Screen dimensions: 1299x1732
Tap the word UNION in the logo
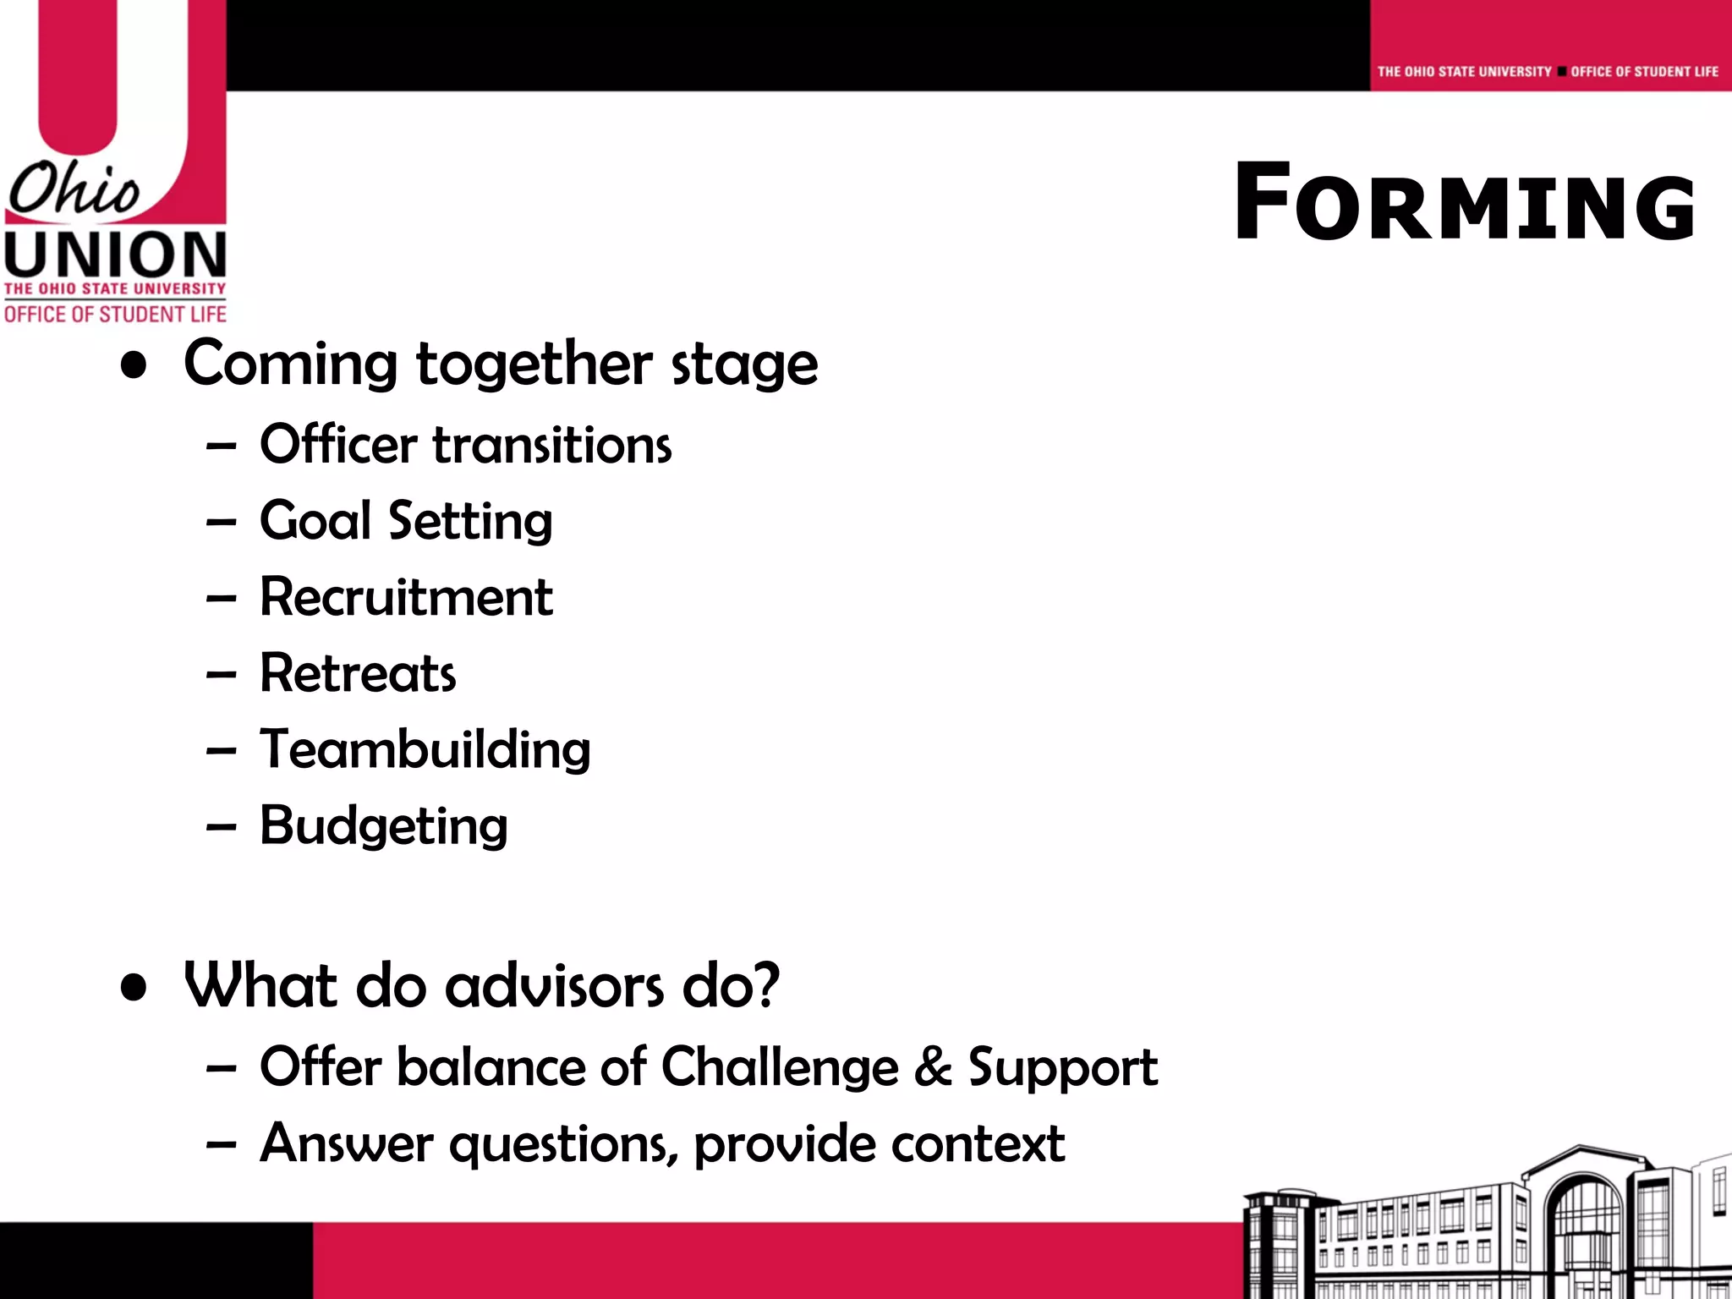(x=115, y=255)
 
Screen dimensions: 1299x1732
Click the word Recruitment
(x=406, y=597)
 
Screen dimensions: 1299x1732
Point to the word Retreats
(x=358, y=673)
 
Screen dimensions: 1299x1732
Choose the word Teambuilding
(x=425, y=749)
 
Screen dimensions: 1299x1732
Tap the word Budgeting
(x=383, y=825)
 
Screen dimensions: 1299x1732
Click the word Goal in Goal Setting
(x=315, y=520)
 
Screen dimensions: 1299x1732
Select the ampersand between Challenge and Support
(x=933, y=1066)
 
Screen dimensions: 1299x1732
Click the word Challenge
(x=779, y=1066)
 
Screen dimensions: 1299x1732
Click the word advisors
(x=554, y=986)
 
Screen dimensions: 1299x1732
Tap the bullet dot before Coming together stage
(x=134, y=365)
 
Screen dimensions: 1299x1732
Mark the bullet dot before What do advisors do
(x=134, y=987)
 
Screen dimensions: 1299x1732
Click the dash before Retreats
(x=221, y=675)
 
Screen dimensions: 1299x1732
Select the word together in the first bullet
(x=534, y=364)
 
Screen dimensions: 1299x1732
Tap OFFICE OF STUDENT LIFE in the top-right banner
(x=1644, y=72)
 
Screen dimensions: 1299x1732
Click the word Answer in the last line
(x=346, y=1143)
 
